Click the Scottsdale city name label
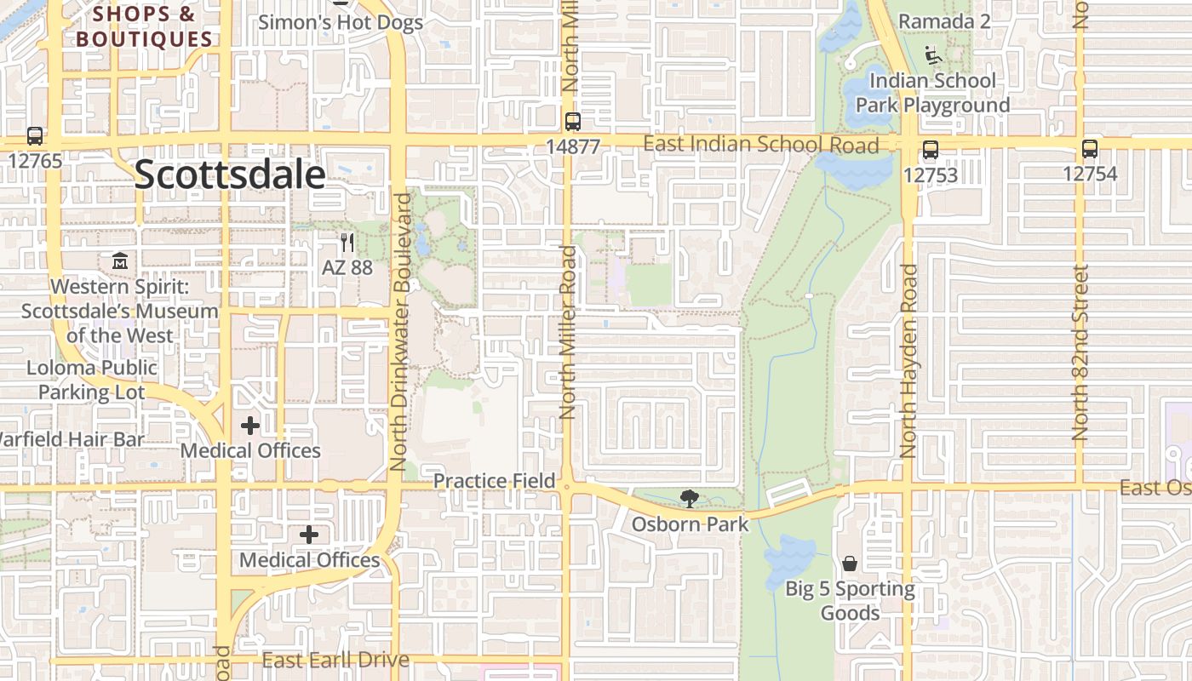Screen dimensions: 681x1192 tap(230, 175)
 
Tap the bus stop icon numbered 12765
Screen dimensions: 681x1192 tap(35, 135)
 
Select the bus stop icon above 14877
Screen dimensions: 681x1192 tap(573, 121)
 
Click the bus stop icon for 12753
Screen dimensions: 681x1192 tap(931, 150)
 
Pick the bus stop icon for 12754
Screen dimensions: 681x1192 tap(1090, 149)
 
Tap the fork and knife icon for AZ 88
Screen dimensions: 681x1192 tap(347, 242)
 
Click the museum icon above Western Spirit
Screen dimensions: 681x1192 tap(120, 260)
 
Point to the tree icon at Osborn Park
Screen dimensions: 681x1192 tap(689, 499)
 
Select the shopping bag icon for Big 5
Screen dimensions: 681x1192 tap(850, 564)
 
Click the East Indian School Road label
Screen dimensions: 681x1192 tap(760, 144)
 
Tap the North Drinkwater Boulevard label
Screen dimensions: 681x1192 tap(400, 332)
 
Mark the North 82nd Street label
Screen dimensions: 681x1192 tap(1080, 352)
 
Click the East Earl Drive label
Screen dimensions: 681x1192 tap(335, 660)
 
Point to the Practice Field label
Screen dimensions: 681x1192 tap(494, 481)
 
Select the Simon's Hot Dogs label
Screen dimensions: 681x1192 tap(341, 22)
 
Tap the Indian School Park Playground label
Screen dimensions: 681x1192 tap(932, 93)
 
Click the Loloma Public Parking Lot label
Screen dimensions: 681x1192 tap(92, 380)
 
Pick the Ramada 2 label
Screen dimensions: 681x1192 tap(944, 20)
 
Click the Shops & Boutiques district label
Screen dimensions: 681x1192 tap(144, 27)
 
